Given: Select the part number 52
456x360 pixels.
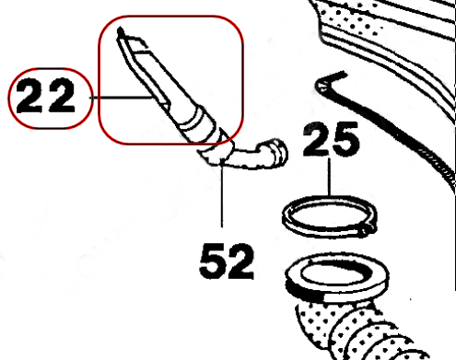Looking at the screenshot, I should [x=225, y=262].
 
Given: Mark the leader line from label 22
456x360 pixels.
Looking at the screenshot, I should [x=120, y=97].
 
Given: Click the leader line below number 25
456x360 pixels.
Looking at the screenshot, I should [x=330, y=184].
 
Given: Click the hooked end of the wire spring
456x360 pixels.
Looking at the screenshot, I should [x=322, y=85].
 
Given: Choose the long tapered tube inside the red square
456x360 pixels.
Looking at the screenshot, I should [x=157, y=78].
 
